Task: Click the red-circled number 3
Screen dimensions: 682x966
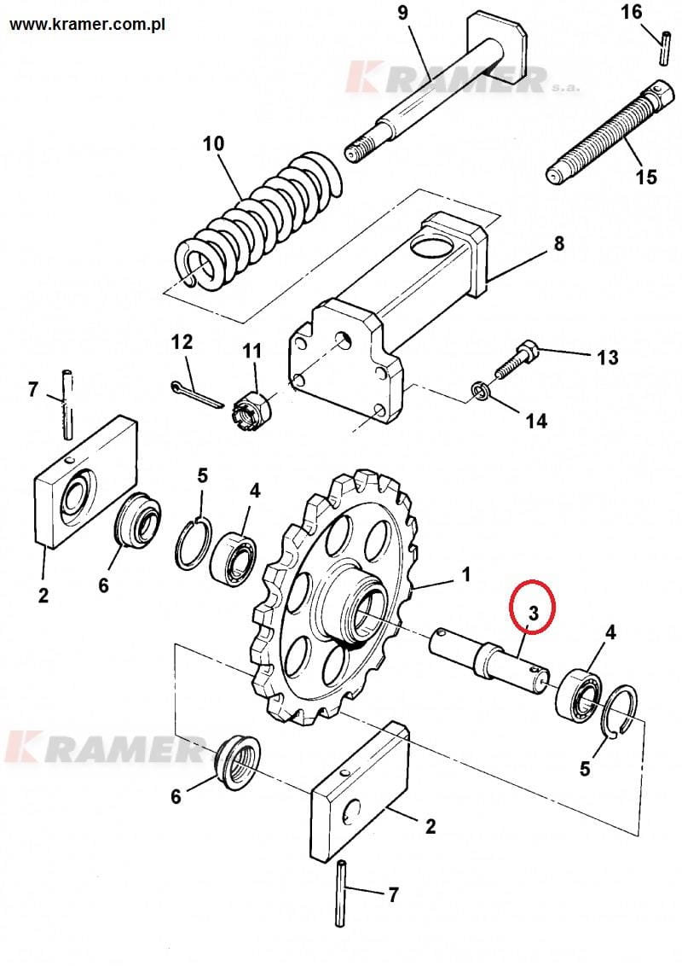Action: (533, 613)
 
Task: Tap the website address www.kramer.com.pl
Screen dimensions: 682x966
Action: (88, 26)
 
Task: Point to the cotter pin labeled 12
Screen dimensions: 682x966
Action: (196, 396)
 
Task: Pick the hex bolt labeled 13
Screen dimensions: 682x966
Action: (516, 361)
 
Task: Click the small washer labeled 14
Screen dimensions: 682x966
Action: (479, 391)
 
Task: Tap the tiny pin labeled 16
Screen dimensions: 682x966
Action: (664, 48)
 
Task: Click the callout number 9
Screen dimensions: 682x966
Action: (402, 12)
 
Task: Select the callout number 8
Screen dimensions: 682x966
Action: (558, 242)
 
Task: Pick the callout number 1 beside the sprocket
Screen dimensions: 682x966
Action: (466, 574)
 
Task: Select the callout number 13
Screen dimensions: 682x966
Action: (608, 358)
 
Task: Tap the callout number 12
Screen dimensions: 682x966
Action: (182, 341)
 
